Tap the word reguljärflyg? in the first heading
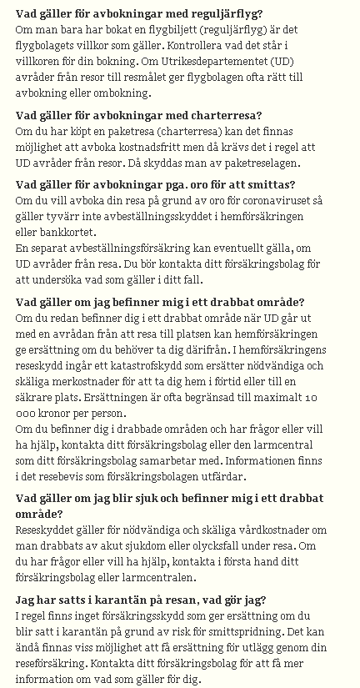tap(223, 14)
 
